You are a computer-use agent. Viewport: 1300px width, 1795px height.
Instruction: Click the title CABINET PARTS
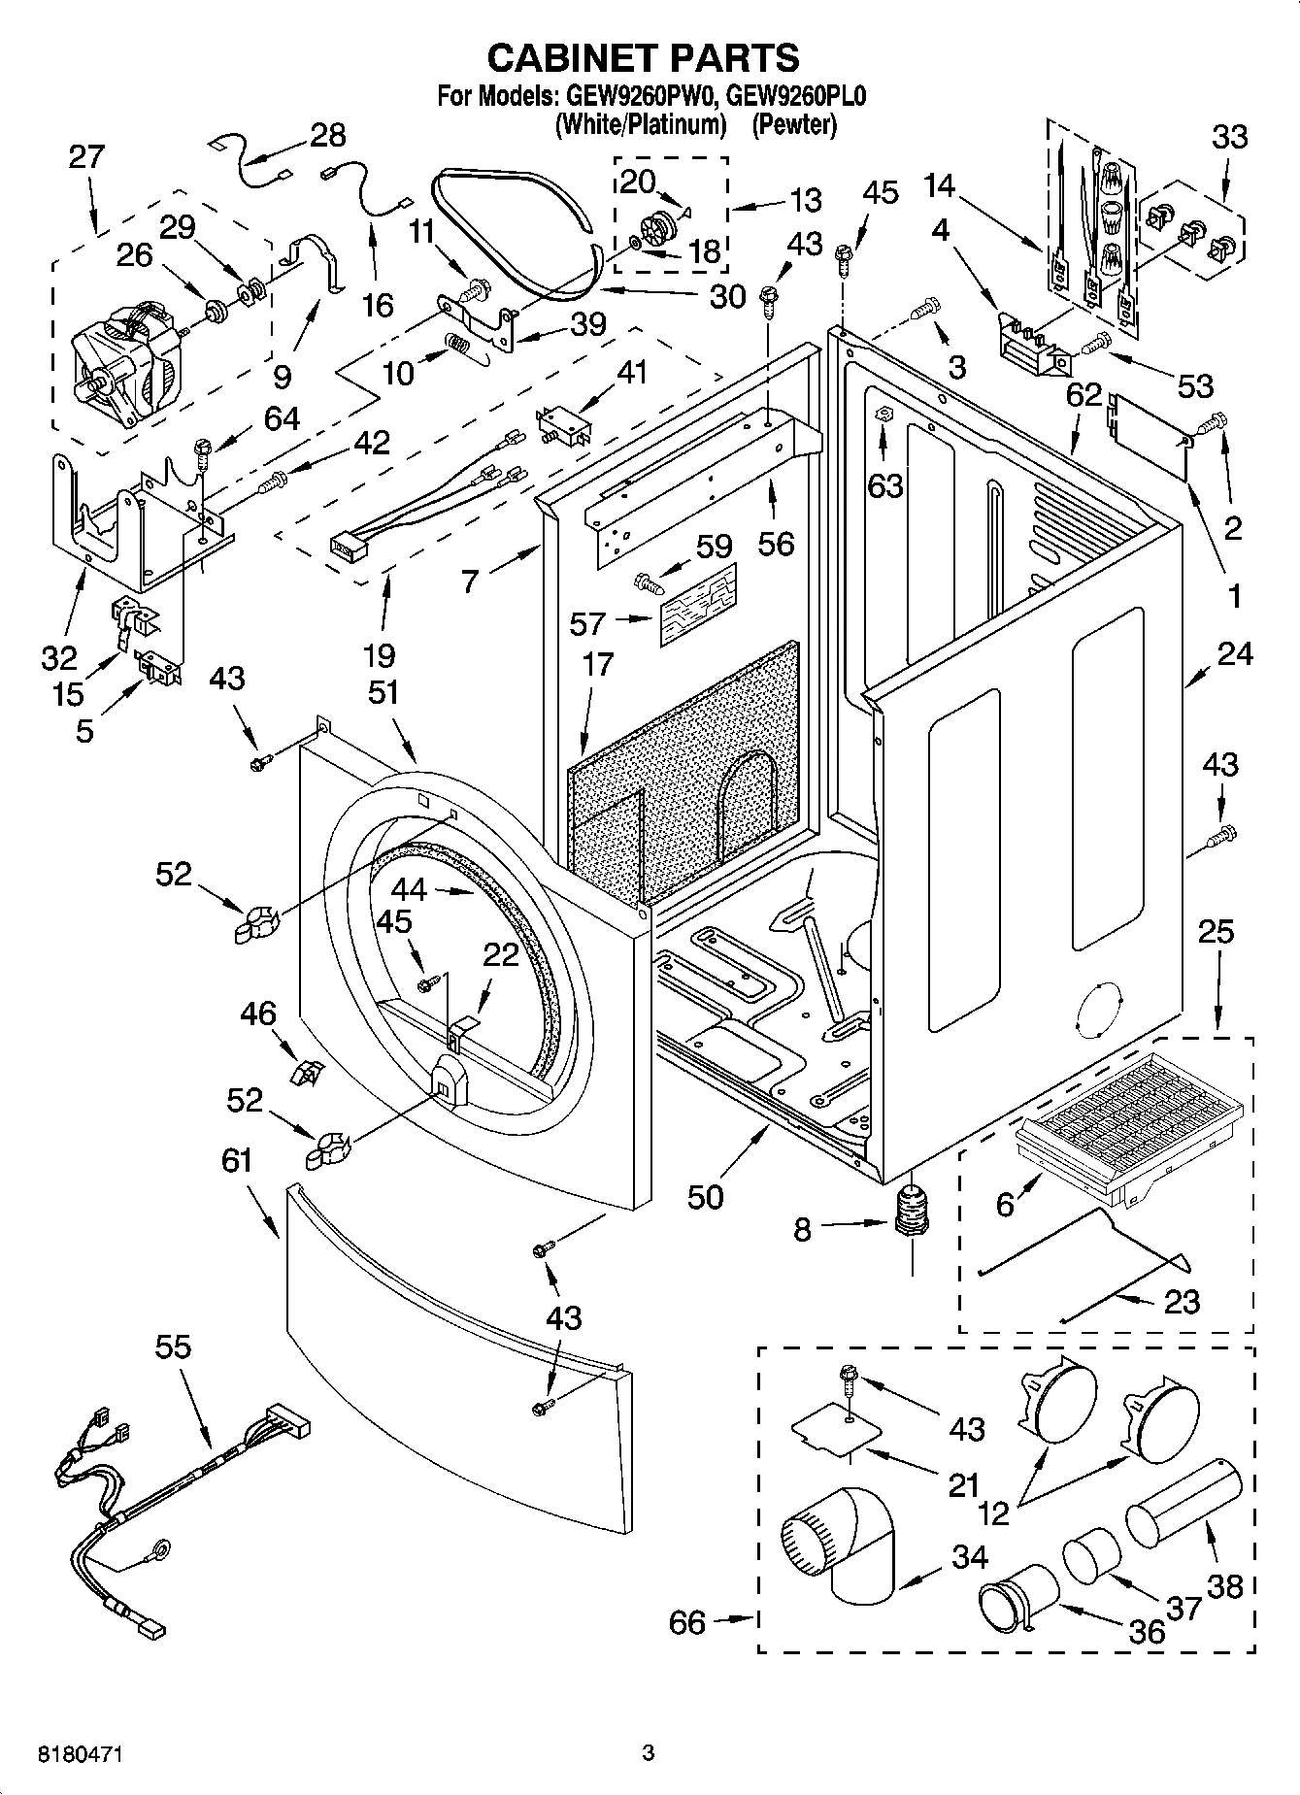point(643,58)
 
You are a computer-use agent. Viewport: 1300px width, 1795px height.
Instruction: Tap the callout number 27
point(86,157)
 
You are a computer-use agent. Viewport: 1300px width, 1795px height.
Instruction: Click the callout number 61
point(237,1160)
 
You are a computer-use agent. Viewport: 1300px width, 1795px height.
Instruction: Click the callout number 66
point(687,1622)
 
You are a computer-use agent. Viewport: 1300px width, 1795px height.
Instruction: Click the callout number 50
point(706,1196)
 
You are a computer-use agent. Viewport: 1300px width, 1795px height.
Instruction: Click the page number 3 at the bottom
point(649,1753)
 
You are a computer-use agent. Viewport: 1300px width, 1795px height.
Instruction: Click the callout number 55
point(173,1347)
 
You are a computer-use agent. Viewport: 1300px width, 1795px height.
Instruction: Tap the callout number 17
point(599,664)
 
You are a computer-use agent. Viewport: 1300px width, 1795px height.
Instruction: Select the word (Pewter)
point(793,124)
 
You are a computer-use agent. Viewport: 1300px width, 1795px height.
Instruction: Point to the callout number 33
point(1229,137)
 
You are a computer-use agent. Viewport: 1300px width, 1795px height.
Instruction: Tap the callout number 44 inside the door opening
point(410,888)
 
